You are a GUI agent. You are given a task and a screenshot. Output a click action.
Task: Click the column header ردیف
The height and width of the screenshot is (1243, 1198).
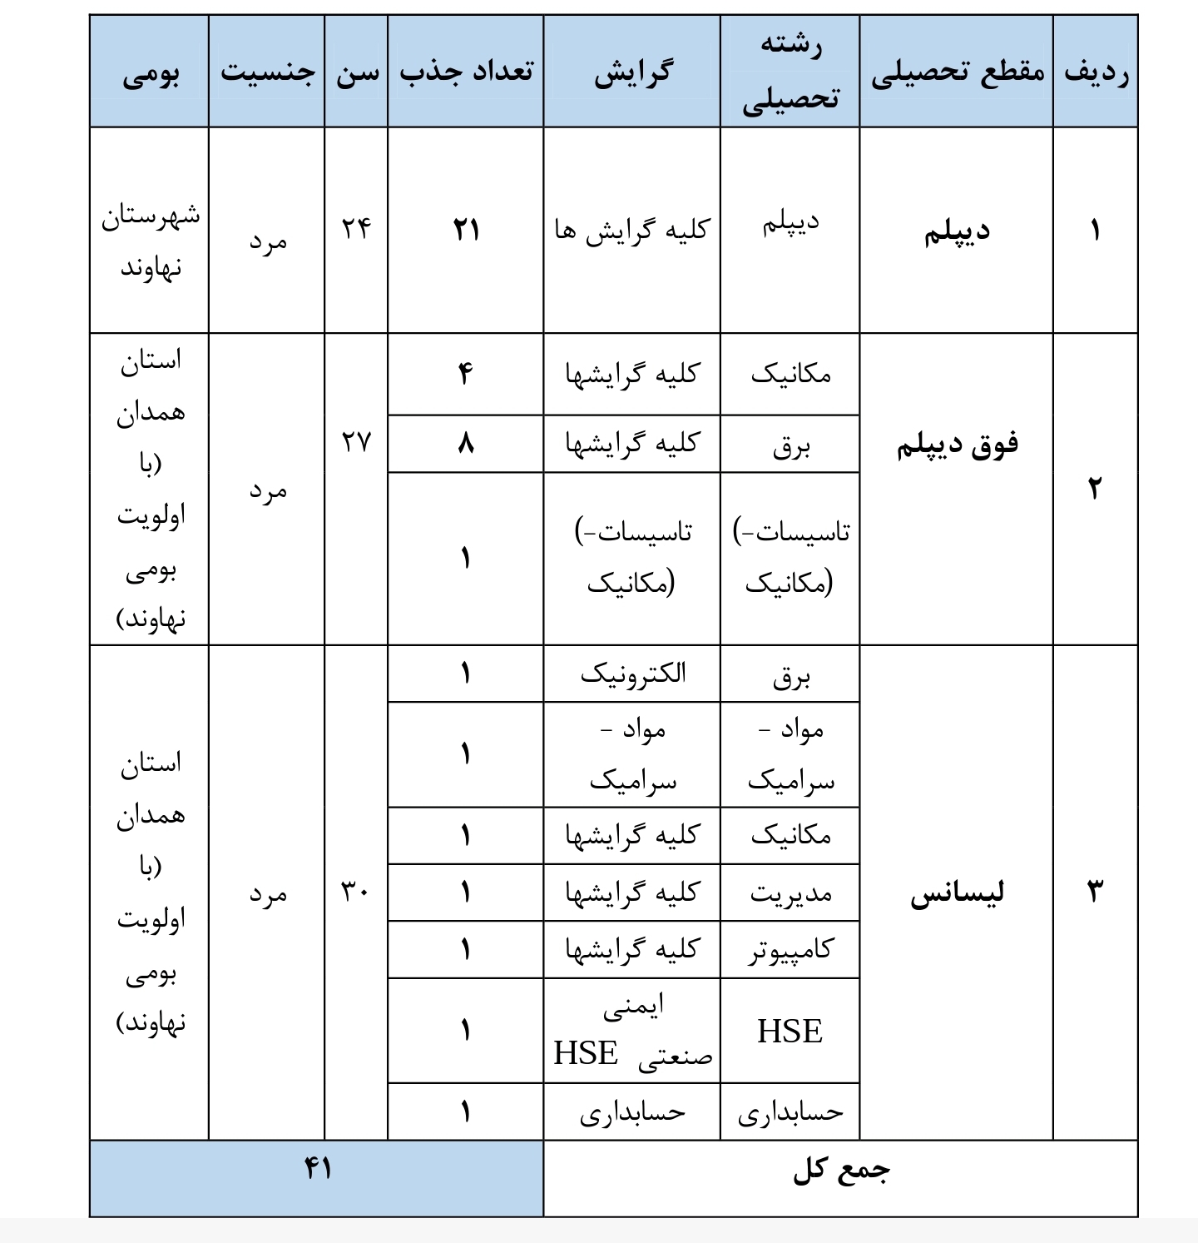1096,72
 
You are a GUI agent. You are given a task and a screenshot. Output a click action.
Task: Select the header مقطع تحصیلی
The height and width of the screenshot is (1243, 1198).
957,72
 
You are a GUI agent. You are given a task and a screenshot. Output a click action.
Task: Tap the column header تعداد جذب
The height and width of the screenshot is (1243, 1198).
466,72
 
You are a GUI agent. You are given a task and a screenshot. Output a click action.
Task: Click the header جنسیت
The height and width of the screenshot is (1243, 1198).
267,72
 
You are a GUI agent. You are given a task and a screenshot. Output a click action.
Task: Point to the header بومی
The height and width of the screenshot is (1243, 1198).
151,75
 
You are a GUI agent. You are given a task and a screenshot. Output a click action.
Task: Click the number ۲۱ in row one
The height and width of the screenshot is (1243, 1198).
466,229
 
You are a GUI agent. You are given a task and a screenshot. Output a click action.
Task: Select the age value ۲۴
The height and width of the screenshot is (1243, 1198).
356,227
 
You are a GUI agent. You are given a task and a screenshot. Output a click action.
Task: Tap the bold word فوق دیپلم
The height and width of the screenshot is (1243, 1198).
957,445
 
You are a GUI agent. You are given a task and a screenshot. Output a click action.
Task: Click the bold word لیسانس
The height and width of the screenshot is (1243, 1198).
957,893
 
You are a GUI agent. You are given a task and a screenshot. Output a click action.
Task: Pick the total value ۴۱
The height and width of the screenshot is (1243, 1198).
318,1170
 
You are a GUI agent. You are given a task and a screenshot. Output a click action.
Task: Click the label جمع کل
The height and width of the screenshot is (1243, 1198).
841,1171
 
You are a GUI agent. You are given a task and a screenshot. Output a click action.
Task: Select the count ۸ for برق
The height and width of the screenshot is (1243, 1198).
466,444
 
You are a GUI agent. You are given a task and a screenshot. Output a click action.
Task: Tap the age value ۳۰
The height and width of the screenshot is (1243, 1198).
356,892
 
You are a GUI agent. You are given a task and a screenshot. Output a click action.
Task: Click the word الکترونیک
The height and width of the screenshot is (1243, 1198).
632,674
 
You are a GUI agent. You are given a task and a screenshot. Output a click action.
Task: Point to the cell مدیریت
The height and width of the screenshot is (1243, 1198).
790,893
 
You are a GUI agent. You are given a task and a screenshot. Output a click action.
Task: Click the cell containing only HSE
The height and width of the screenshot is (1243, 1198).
790,1032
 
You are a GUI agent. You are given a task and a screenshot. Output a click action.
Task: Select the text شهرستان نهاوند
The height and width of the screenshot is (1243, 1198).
151,241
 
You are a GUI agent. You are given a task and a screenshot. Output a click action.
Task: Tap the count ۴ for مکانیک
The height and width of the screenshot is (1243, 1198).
466,374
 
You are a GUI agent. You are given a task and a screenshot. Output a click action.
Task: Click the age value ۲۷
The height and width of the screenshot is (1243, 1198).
356,441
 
